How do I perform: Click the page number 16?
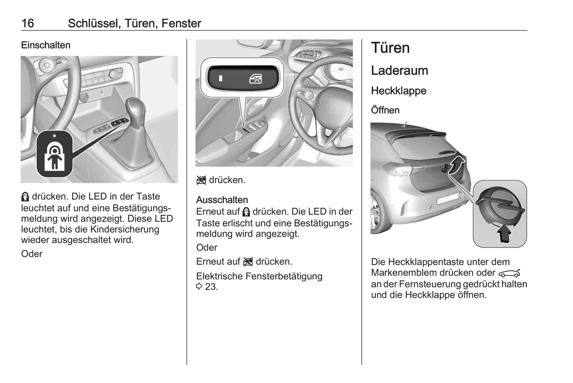tap(28, 23)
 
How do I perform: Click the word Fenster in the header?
tap(181, 23)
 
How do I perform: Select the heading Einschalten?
tap(46, 45)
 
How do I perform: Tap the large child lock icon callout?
tap(54, 154)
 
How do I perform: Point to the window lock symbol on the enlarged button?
tap(255, 79)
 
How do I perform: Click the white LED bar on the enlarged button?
tap(220, 78)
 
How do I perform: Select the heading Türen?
tap(390, 48)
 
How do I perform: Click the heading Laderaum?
tap(400, 70)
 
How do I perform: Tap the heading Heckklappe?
tap(399, 90)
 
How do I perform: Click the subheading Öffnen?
tap(385, 110)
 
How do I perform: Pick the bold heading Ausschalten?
tap(222, 200)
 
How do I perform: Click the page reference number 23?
tap(211, 287)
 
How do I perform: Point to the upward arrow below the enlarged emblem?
tap(504, 234)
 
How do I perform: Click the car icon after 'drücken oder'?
tap(509, 273)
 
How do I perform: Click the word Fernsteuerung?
tap(430, 284)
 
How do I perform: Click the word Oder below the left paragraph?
tap(32, 254)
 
